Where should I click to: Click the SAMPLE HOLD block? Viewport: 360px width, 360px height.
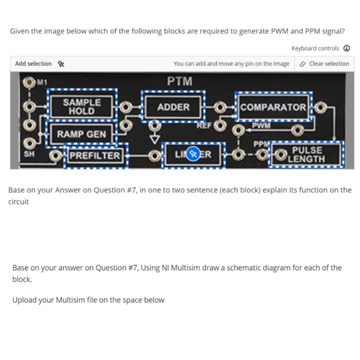(82, 107)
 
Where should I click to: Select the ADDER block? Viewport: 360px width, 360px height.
(173, 107)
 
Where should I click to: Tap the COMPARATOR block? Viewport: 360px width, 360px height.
(273, 107)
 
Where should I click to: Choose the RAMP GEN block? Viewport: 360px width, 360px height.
(81, 134)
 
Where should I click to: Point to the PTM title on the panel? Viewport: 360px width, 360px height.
(180, 82)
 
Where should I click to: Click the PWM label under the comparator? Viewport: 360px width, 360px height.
(261, 125)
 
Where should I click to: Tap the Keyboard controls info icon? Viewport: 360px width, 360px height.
(347, 48)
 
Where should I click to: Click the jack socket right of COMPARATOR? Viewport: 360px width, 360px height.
(320, 107)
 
